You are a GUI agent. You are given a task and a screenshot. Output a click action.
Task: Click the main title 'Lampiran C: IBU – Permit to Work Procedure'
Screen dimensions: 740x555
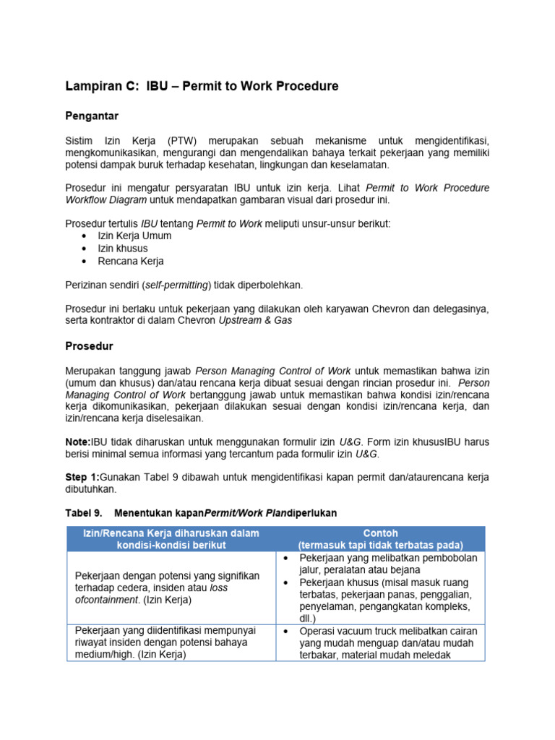click(x=202, y=87)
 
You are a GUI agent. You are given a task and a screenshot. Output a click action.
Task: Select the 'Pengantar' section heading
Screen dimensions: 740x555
click(x=92, y=116)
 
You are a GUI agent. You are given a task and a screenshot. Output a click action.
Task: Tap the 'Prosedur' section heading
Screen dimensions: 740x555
click(x=89, y=346)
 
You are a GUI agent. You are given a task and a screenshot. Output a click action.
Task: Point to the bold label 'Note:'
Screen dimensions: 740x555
click(x=77, y=441)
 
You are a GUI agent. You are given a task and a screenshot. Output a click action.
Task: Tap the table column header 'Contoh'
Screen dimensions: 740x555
click(x=380, y=533)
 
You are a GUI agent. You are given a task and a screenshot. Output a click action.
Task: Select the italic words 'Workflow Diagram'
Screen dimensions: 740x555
click(x=106, y=199)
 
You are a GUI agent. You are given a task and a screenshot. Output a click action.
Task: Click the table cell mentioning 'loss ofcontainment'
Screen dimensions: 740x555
click(x=167, y=588)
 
